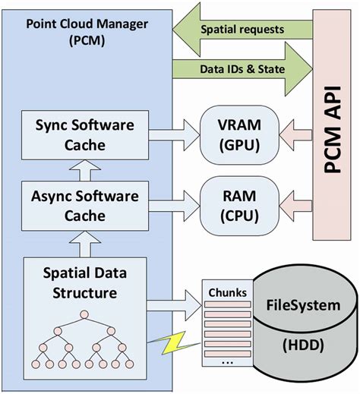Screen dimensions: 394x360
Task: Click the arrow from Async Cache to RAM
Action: pos(173,205)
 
